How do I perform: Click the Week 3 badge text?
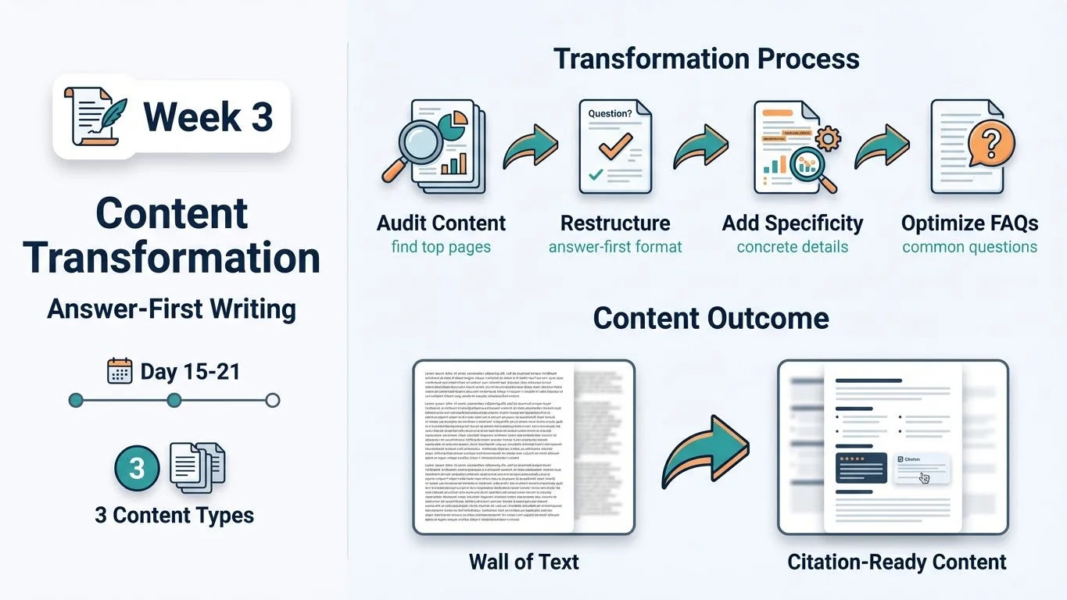click(208, 117)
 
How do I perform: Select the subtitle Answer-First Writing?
click(171, 309)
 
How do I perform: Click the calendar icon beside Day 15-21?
click(120, 371)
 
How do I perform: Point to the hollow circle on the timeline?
click(272, 401)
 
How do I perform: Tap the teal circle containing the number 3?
click(137, 468)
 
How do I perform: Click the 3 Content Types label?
click(174, 516)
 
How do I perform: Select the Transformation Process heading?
click(706, 59)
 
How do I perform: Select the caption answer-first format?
click(615, 248)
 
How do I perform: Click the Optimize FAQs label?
click(969, 223)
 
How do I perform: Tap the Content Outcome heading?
click(711, 318)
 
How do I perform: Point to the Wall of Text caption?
click(524, 561)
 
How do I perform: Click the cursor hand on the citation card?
click(925, 478)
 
